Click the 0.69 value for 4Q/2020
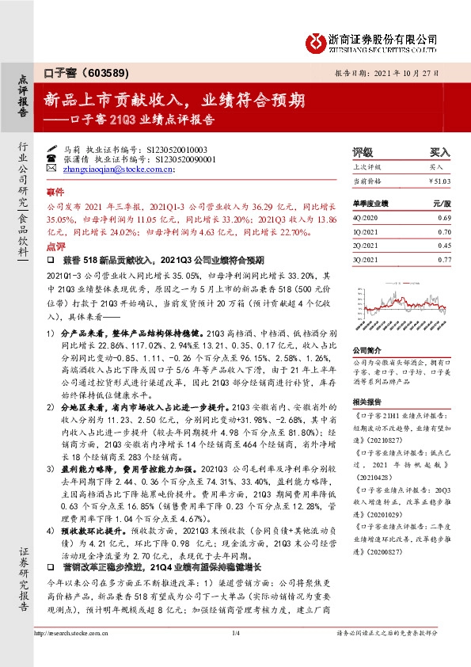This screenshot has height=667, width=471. pyautogui.click(x=444, y=217)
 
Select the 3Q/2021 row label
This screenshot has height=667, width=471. pyautogui.click(x=366, y=259)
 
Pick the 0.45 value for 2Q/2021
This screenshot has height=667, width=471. pyautogui.click(x=444, y=245)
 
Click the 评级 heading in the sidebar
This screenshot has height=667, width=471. pyautogui.click(x=363, y=152)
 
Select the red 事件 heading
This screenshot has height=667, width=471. pyautogui.click(x=55, y=192)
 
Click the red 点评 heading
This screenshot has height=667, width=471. pyautogui.click(x=55, y=247)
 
